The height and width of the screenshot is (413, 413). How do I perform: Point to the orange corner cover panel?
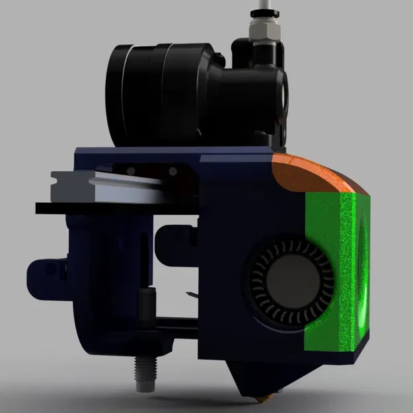[x=317, y=174]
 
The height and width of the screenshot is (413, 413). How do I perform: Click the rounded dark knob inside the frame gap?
[x=172, y=238]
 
